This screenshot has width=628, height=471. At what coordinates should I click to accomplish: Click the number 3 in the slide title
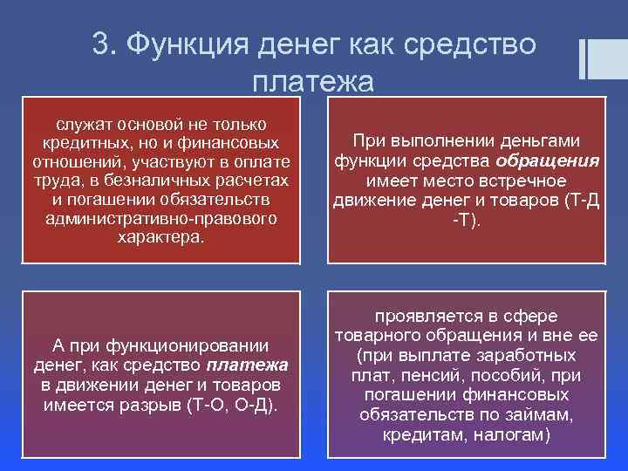coord(102,45)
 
